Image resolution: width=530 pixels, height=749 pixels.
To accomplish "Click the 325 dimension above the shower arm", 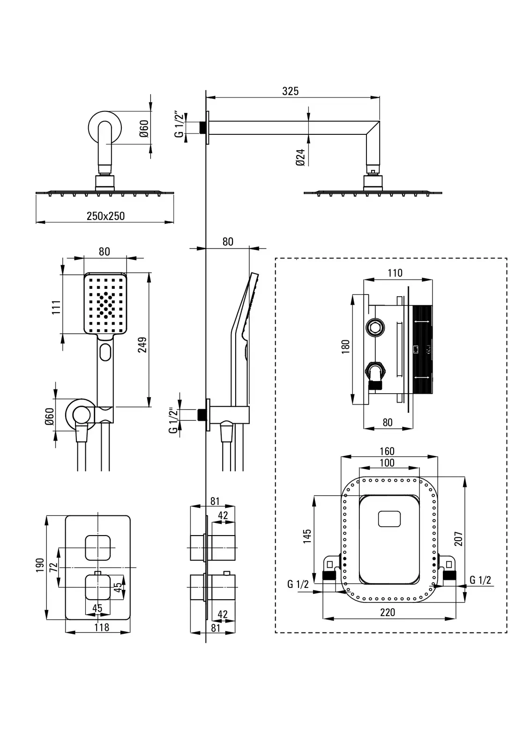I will tap(290, 91).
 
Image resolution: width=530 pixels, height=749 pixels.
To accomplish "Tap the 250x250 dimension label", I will tap(105, 216).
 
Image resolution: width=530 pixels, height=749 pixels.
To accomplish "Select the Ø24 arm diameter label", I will tap(301, 157).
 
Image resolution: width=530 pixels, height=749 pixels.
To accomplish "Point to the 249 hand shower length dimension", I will tap(143, 344).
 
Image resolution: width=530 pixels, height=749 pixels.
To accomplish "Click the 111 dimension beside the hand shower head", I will tap(57, 307).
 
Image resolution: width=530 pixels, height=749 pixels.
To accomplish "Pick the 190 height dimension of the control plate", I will tap(40, 565).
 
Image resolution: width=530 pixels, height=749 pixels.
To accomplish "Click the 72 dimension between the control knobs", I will tap(53, 566).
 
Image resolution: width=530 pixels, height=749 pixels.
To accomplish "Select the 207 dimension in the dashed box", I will tap(458, 538).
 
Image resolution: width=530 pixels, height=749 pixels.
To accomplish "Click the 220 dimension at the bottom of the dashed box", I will tap(388, 612).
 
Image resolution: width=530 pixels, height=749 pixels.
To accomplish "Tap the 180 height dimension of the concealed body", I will tap(346, 347).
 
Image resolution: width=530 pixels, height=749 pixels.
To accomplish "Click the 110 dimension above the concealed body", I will tap(395, 273).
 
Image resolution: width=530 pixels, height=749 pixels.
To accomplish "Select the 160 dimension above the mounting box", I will tap(387, 451).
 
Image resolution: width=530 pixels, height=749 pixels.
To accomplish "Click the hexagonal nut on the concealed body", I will tap(375, 328).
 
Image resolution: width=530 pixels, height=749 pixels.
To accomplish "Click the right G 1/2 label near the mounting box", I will tap(480, 580).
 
